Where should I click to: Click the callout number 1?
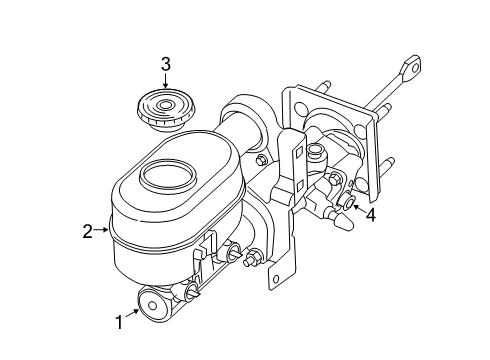[120, 322]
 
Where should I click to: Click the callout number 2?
[87, 232]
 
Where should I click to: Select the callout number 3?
[166, 65]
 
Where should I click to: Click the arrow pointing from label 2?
[102, 232]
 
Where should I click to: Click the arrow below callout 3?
[166, 83]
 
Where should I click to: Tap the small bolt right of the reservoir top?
[260, 161]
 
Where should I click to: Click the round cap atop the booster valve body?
[316, 151]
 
